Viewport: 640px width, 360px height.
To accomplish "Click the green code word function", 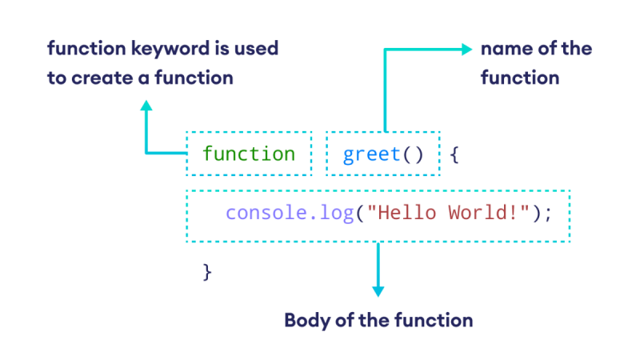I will coord(248,153).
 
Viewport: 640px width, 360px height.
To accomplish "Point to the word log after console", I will coord(337,214).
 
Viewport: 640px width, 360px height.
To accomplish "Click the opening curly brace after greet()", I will coord(454,153).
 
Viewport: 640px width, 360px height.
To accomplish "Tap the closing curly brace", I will coord(207,271).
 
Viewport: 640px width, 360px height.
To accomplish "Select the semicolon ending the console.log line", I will coord(548,214).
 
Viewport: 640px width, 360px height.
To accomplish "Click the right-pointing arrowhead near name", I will coord(467,49).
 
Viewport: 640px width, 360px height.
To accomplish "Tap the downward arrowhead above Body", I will coord(378,290).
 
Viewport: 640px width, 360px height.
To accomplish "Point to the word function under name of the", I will coord(519,78).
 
